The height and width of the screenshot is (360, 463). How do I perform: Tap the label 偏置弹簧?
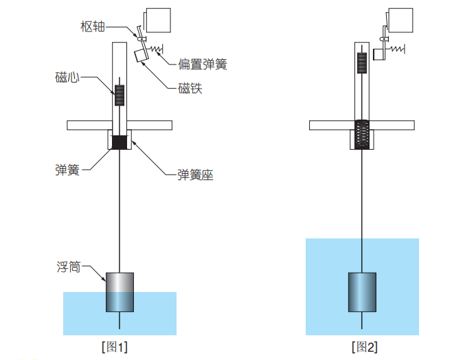point(202,65)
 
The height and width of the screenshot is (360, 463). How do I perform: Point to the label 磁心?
point(67,77)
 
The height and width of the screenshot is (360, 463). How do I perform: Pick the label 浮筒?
point(68,266)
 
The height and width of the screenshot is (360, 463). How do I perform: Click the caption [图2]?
point(363,347)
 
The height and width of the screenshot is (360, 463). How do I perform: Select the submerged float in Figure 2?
point(362,293)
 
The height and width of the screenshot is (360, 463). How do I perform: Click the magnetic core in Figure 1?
point(120,95)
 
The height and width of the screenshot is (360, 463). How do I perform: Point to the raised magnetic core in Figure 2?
point(362,63)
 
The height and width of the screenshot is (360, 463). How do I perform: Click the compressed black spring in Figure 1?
point(120,143)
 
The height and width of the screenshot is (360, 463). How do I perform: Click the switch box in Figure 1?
point(159,21)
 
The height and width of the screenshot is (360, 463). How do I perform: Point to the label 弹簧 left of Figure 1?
point(67,169)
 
